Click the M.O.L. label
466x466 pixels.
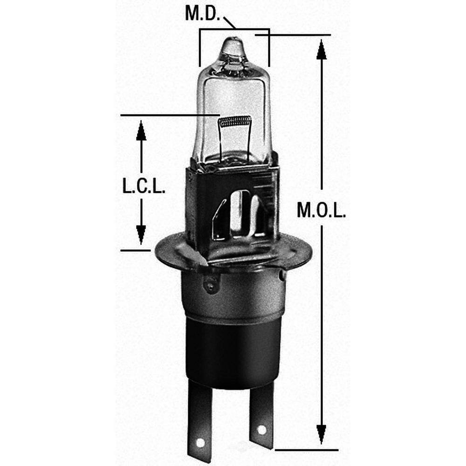pos(321,212)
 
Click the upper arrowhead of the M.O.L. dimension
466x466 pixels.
pos(321,49)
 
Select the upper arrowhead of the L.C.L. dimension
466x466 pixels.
pos(141,130)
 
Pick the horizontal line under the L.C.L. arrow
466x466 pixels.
pos(135,250)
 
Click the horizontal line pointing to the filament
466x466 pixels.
pos(168,114)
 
